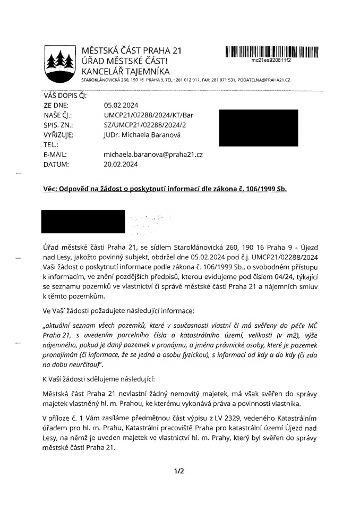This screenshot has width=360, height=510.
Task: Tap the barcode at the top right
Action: click(271, 52)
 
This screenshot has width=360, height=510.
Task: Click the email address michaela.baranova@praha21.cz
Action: click(153, 154)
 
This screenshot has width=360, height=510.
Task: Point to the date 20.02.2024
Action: click(121, 164)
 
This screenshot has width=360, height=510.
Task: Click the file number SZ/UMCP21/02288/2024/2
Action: click(145, 125)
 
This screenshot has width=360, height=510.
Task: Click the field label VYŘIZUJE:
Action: click(58, 135)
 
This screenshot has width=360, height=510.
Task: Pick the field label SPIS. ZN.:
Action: click(58, 125)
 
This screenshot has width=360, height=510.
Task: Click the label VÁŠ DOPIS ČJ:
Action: click(63, 96)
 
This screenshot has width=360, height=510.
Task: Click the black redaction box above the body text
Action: click(84, 222)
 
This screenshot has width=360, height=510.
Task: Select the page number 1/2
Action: click(179, 470)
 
